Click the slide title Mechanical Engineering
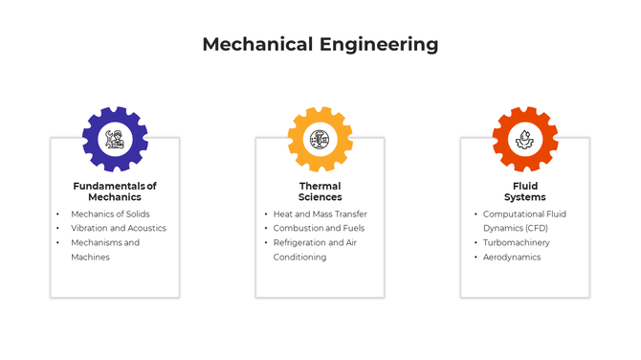(320, 44)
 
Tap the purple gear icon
(115, 139)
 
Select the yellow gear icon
(320, 139)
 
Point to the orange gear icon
(525, 139)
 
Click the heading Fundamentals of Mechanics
(115, 191)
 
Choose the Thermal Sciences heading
(320, 191)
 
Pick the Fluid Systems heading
(524, 191)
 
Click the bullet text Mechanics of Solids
(110, 214)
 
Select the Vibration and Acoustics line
(118, 229)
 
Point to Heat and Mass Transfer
(320, 214)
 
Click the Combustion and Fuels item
(319, 229)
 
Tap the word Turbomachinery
(517, 243)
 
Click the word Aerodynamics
(512, 258)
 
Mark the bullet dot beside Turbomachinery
(475, 243)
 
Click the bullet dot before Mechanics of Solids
(57, 214)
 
